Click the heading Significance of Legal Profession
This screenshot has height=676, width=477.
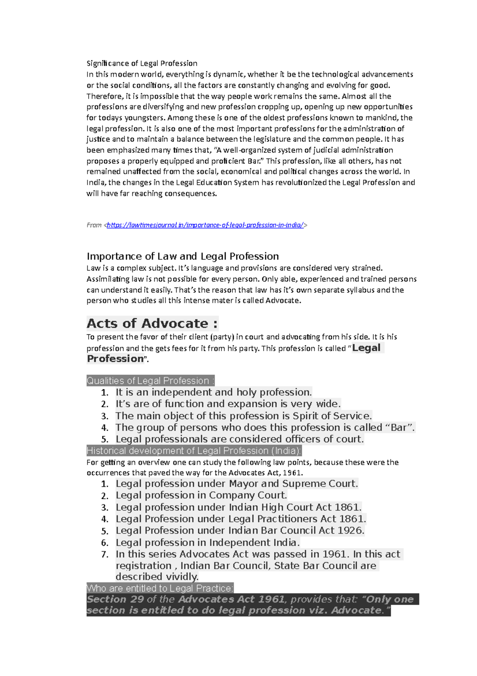[x=142, y=63]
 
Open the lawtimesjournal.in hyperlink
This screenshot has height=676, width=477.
[x=205, y=225]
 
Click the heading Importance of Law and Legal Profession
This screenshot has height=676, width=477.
[x=182, y=256]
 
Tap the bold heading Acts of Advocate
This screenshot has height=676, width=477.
[x=152, y=323]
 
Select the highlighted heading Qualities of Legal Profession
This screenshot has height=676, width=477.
[x=150, y=381]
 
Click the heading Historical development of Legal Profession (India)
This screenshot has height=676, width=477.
[x=194, y=451]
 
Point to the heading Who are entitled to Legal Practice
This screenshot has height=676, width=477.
[x=160, y=588]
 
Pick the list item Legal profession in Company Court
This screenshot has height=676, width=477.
[x=201, y=495]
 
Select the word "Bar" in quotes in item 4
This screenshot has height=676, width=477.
[x=399, y=428]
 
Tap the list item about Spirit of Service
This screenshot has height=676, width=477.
[x=244, y=416]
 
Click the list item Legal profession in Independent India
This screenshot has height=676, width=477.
[x=207, y=542]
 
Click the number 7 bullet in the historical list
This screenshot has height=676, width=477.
[x=105, y=554]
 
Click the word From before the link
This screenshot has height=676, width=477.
[x=94, y=225]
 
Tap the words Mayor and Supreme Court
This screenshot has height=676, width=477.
[x=293, y=484]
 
